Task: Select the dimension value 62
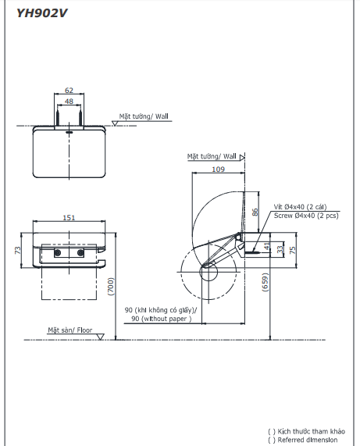pos(70,91)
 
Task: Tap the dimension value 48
pos(70,102)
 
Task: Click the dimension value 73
pos(18,249)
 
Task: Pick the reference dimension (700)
pos(112,289)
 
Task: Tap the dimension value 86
pos(255,212)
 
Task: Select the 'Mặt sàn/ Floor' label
pos(70,330)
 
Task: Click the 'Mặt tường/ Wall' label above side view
pos(211,156)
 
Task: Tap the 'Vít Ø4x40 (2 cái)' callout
pos(301,207)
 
